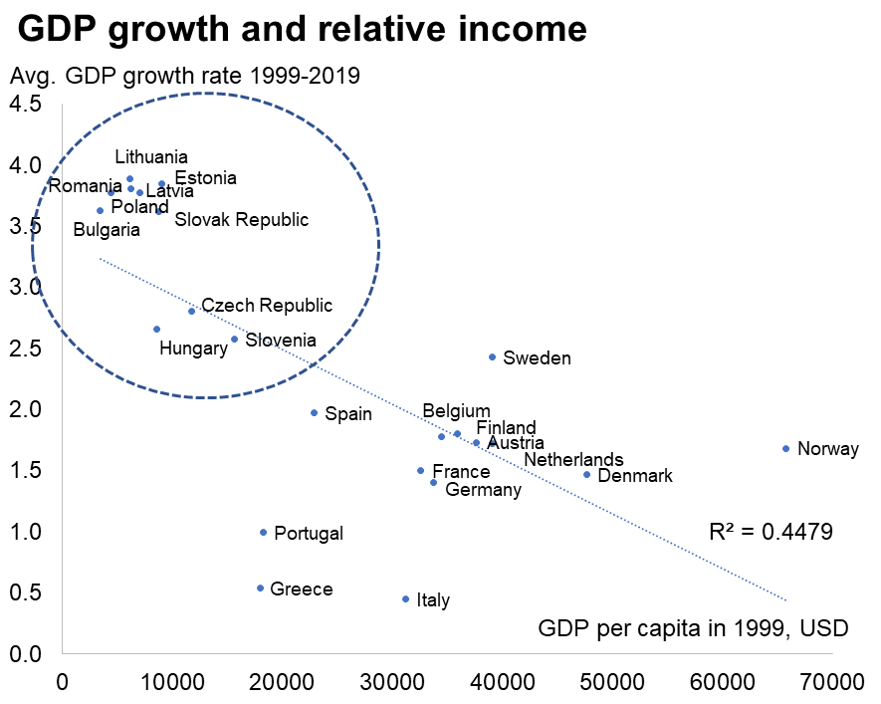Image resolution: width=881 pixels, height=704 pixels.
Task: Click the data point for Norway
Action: pos(785,448)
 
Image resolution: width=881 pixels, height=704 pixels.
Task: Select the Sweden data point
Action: pos(492,356)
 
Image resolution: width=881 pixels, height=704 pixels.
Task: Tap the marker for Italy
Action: pos(405,598)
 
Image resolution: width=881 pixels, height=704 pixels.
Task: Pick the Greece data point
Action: pos(260,587)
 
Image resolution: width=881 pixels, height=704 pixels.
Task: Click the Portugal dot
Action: pos(263,532)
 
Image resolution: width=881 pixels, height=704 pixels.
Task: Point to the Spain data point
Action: pos(314,412)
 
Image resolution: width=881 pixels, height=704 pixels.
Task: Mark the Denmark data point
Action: pos(586,474)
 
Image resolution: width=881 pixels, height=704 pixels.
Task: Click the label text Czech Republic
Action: pos(267,306)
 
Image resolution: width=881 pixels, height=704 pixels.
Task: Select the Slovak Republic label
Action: pos(241,219)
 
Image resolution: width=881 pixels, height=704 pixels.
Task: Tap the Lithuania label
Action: pos(151,156)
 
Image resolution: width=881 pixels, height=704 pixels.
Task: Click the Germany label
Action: pos(483,489)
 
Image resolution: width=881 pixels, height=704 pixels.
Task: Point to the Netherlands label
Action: pos(573,459)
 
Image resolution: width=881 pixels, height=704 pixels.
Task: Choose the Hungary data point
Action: pos(156,329)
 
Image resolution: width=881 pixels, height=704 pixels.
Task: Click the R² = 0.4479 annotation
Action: pos(765,531)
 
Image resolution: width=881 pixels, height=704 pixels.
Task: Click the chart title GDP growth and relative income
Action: pos(303,31)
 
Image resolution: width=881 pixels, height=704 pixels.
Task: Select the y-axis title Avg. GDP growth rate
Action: pos(184,76)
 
